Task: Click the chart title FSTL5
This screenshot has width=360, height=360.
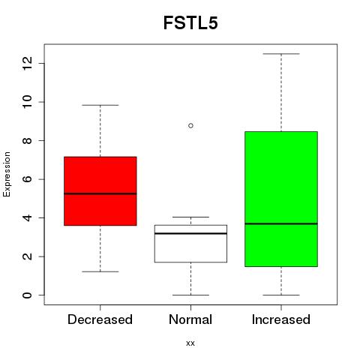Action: [190, 23]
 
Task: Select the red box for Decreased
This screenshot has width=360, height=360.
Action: [100, 191]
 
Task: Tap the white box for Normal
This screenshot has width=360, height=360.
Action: [190, 244]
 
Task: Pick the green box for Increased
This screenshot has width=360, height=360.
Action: [281, 199]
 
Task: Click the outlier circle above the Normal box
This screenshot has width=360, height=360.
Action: [190, 125]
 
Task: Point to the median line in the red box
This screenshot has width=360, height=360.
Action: [100, 193]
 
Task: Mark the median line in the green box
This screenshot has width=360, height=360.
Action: [281, 223]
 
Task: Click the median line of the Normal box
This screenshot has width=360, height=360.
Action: [190, 233]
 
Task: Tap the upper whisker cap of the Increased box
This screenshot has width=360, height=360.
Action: [281, 54]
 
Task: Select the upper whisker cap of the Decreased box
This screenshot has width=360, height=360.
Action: [100, 105]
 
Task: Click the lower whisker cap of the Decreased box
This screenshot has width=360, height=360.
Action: [100, 271]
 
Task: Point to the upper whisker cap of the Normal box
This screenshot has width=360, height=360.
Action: [190, 217]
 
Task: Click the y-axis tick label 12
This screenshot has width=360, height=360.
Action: [28, 63]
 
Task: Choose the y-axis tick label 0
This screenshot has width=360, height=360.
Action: [28, 295]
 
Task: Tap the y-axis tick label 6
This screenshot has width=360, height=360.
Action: [28, 179]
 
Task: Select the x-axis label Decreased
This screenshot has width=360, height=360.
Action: [100, 319]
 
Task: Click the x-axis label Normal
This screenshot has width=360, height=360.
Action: [190, 319]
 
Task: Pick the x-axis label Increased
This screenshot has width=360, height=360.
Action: [281, 319]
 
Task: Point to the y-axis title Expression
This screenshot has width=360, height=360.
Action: [7, 174]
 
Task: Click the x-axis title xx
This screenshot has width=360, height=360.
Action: [190, 343]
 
